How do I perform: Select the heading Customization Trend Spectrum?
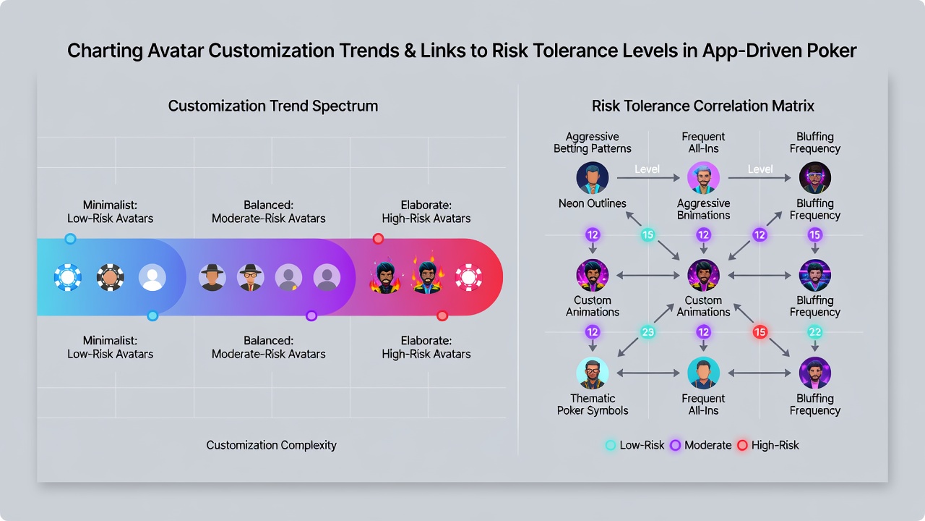pyautogui.click(x=272, y=106)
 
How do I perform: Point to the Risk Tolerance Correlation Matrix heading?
pyautogui.click(x=703, y=106)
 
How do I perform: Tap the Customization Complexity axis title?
pyautogui.click(x=271, y=445)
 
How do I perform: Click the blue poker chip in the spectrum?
pyautogui.click(x=68, y=277)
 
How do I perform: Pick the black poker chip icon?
pyautogui.click(x=111, y=277)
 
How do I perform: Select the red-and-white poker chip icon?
pyautogui.click(x=468, y=277)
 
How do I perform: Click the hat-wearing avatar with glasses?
pyautogui.click(x=250, y=277)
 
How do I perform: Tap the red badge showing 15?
pyautogui.click(x=760, y=332)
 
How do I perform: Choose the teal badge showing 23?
pyautogui.click(x=647, y=332)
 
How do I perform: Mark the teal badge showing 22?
pyautogui.click(x=814, y=332)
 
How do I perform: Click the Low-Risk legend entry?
pyautogui.click(x=634, y=445)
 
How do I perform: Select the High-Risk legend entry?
pyautogui.click(x=768, y=445)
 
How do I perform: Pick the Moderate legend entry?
pyautogui.click(x=701, y=445)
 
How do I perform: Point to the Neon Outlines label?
pyautogui.click(x=592, y=203)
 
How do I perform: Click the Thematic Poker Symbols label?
pyautogui.click(x=592, y=404)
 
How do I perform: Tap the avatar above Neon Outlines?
pyautogui.click(x=592, y=178)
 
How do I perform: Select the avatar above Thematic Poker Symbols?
pyautogui.click(x=592, y=373)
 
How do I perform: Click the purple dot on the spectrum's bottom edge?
pyautogui.click(x=311, y=316)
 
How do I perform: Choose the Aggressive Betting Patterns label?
pyautogui.click(x=592, y=143)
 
